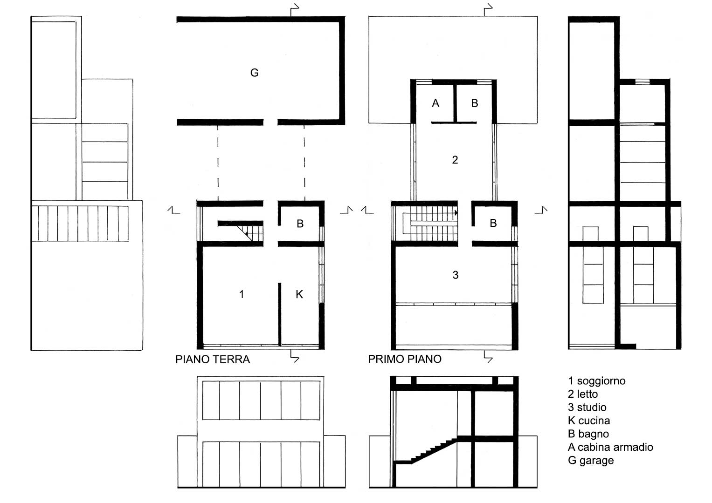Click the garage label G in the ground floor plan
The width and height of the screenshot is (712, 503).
tap(254, 73)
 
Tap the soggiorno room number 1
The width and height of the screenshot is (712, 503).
tap(242, 294)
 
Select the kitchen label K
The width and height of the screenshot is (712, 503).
tap(299, 294)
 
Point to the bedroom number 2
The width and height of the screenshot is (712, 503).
tap(455, 160)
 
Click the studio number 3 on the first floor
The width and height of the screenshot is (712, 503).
tap(456, 275)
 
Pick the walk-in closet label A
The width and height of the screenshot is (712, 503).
tap(435, 103)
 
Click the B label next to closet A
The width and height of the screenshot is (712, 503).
tap(475, 103)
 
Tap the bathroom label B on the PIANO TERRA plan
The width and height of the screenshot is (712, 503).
tap(300, 224)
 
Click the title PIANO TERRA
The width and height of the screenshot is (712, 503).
tap(213, 360)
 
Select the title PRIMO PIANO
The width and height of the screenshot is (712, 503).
tap(405, 359)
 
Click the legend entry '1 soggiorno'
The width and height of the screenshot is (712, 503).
tap(597, 381)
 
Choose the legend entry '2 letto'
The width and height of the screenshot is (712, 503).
tap(583, 394)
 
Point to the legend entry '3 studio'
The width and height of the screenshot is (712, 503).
tap(587, 408)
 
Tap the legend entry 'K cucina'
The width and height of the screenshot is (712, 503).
tap(589, 421)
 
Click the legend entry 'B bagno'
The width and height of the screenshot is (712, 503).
tap(588, 434)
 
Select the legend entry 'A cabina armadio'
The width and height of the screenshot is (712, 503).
tap(610, 447)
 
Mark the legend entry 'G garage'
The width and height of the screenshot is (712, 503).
tap(591, 461)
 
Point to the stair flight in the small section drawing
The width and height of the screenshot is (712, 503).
tap(426, 451)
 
